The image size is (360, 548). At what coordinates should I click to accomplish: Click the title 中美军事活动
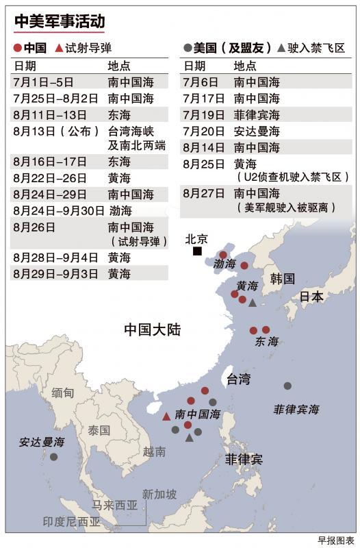[60, 23]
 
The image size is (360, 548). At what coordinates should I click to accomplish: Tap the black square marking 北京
[197, 251]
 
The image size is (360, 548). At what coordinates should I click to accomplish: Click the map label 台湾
[238, 379]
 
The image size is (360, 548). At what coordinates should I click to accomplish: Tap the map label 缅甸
[63, 393]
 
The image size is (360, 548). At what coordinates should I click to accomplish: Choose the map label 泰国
[99, 430]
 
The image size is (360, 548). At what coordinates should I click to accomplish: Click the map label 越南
[154, 451]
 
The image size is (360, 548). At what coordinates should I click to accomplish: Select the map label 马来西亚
[115, 506]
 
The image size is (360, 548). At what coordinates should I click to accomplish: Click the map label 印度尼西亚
[71, 521]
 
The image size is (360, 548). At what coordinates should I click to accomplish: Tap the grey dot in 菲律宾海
[287, 386]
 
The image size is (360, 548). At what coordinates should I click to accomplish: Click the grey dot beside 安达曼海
[53, 456]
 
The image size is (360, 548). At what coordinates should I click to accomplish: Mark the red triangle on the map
[166, 416]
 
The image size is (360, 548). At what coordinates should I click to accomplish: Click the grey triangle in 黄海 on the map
[253, 302]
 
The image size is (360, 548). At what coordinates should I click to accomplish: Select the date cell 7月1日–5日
[42, 82]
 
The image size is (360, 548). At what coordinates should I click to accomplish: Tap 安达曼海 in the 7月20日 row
[257, 131]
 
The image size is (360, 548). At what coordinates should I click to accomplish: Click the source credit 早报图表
[336, 539]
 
